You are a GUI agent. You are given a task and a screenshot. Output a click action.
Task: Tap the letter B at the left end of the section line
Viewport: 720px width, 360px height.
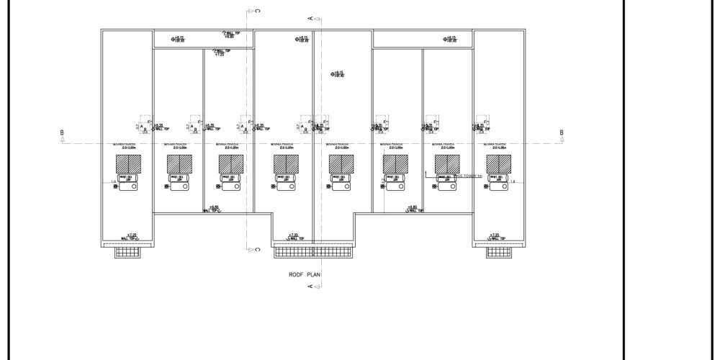[63, 132]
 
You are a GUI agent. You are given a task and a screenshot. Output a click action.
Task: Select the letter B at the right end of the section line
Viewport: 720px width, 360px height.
[562, 132]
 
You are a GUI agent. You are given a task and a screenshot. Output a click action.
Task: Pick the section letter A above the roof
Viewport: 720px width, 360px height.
[310, 17]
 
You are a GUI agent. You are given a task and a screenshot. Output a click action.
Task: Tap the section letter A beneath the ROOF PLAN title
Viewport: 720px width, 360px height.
[310, 287]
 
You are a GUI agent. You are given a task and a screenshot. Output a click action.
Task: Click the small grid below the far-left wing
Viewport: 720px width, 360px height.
[128, 251]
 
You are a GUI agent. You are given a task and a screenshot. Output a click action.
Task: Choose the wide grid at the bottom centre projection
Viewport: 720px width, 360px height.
[312, 251]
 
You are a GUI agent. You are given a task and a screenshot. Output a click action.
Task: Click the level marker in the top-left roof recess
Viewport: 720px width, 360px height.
[178, 40]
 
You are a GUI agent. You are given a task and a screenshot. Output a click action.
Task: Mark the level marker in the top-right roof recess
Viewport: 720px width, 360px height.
[450, 40]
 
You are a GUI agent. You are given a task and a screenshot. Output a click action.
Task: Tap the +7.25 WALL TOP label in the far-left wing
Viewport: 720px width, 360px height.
[130, 237]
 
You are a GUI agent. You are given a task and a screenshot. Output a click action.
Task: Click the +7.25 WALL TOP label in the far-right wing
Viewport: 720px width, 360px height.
[494, 237]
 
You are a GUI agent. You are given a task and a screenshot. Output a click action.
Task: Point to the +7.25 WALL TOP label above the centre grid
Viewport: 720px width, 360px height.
[292, 237]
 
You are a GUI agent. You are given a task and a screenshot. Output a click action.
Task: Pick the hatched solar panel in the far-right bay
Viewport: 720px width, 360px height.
[497, 164]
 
